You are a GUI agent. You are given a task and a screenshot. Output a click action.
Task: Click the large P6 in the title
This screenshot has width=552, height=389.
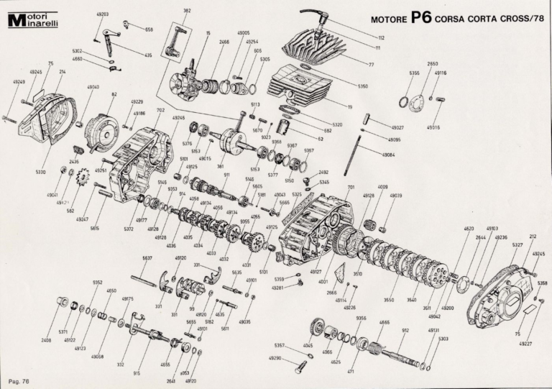click(421, 17)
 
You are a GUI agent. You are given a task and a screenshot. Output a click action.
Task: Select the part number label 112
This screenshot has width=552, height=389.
click(380, 37)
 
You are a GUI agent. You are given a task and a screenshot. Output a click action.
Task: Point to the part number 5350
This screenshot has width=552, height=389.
click(362, 86)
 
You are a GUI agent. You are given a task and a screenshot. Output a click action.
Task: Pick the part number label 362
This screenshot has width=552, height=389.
click(187, 11)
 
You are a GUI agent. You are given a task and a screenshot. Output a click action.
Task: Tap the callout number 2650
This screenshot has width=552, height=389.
click(432, 63)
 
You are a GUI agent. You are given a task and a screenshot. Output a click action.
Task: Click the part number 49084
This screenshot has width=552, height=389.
click(389, 153)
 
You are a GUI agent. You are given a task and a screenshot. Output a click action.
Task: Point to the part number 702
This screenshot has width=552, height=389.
click(160, 110)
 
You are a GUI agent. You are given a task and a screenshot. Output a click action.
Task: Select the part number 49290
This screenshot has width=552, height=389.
click(275, 358)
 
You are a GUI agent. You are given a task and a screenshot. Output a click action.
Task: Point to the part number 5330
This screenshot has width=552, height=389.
click(40, 173)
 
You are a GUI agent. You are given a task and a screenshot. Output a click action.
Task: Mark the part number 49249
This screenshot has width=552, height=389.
click(18, 82)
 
